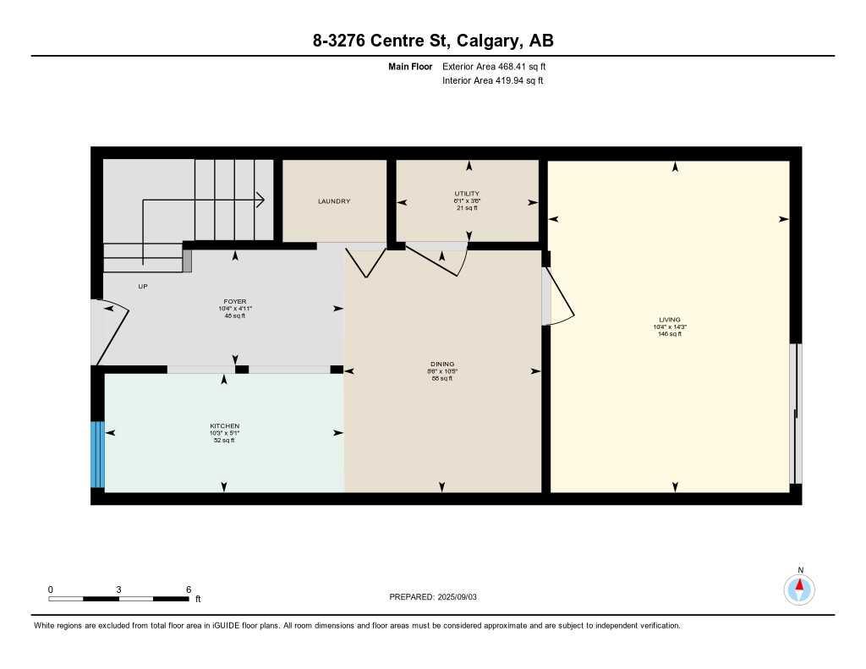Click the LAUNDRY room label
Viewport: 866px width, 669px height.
coord(334,201)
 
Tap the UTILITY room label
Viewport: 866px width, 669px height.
coord(467,194)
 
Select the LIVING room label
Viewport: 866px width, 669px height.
coord(670,320)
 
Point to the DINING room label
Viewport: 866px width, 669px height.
coord(442,365)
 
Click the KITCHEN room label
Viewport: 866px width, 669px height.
coord(225,425)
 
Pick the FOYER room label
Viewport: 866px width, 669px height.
coord(234,302)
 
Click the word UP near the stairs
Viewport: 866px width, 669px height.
coord(143,287)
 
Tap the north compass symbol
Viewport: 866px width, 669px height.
coord(799,588)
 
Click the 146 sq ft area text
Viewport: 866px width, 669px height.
coord(670,334)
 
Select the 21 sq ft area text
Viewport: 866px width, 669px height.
coord(467,208)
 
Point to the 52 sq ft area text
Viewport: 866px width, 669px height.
coord(224,440)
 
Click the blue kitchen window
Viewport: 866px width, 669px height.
coord(97,454)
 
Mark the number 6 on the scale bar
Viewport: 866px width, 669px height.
coord(189,589)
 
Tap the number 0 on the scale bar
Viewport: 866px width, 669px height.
coord(51,589)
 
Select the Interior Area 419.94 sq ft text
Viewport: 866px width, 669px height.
coord(492,81)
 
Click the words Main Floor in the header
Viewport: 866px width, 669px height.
coord(411,66)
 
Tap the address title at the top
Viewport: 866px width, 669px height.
coord(433,41)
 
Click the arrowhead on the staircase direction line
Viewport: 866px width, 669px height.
coord(261,200)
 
